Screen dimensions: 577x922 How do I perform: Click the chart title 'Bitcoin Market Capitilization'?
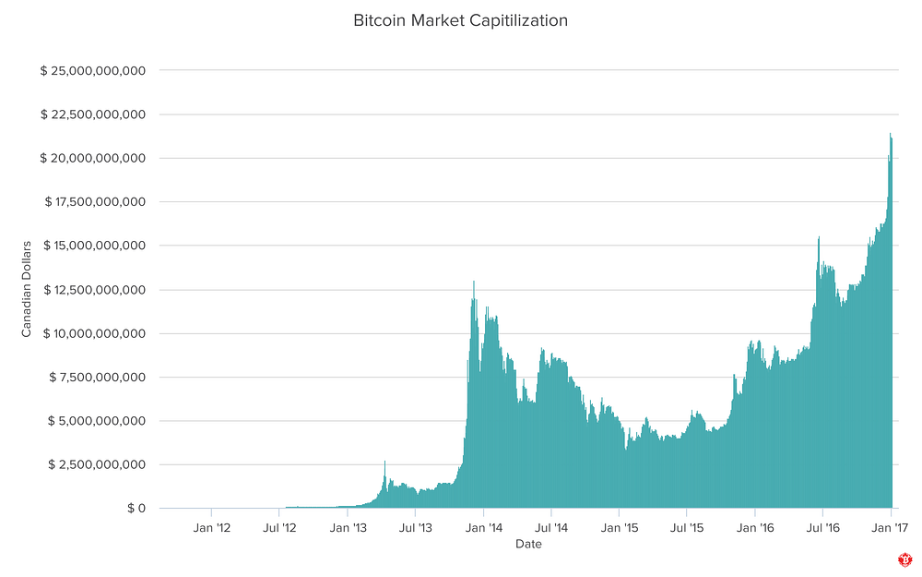pyautogui.click(x=460, y=19)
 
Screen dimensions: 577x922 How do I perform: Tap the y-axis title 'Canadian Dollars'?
pyautogui.click(x=27, y=289)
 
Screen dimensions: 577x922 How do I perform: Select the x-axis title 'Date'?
pyautogui.click(x=528, y=544)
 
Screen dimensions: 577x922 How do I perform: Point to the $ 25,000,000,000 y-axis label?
pyautogui.click(x=93, y=71)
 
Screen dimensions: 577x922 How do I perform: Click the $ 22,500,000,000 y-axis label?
pyautogui.click(x=93, y=114)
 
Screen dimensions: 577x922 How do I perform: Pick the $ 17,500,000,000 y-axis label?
pyautogui.click(x=93, y=202)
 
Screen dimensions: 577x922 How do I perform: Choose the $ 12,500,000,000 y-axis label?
pyautogui.click(x=93, y=290)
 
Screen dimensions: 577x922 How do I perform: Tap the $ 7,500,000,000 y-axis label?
pyautogui.click(x=98, y=377)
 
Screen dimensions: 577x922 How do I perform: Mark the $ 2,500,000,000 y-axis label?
pyautogui.click(x=98, y=464)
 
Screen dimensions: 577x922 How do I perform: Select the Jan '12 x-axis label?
pyautogui.click(x=211, y=528)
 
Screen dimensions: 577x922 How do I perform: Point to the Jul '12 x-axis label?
pyautogui.click(x=278, y=528)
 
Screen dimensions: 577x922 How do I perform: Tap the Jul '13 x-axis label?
pyautogui.click(x=415, y=528)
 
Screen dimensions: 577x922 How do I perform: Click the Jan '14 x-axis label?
pyautogui.click(x=483, y=528)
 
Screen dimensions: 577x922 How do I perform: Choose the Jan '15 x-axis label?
pyautogui.click(x=619, y=528)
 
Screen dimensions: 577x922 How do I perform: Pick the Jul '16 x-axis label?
pyautogui.click(x=822, y=528)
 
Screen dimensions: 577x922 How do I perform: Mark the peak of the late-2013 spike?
pyautogui.click(x=474, y=282)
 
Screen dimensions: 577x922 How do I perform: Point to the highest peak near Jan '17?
pyautogui.click(x=891, y=135)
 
